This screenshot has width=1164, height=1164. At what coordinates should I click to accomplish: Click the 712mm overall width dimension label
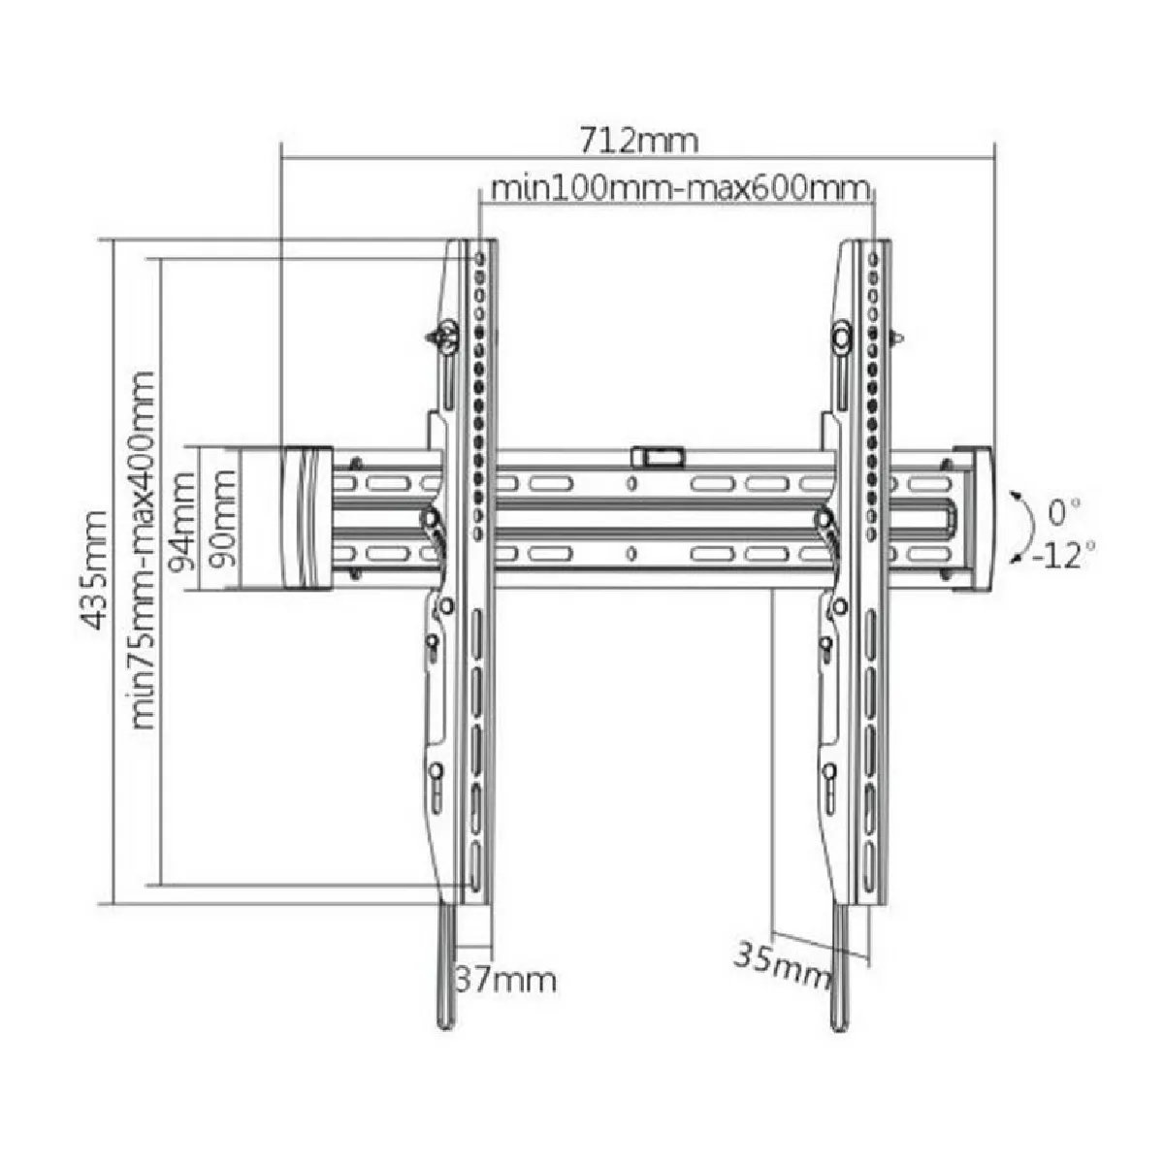tap(638, 141)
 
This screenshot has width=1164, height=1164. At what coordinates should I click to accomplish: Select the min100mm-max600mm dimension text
tap(680, 188)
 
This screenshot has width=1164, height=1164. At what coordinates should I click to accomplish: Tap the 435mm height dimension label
tap(94, 570)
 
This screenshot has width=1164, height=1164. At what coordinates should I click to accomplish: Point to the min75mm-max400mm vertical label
tap(143, 550)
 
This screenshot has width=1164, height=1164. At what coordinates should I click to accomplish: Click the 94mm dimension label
tap(181, 521)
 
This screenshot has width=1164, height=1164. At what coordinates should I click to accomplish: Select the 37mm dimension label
tap(506, 980)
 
